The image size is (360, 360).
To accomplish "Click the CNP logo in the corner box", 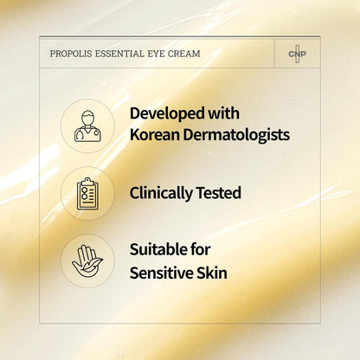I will pyautogui.click(x=297, y=54).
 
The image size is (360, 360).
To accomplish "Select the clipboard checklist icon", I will pyautogui.click(x=87, y=193).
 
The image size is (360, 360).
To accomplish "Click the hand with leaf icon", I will pyautogui.click(x=87, y=259).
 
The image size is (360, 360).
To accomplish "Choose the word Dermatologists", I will pyautogui.click(x=236, y=136).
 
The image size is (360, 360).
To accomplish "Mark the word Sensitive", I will pyautogui.click(x=164, y=272).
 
